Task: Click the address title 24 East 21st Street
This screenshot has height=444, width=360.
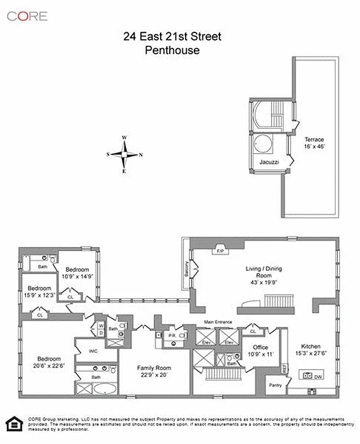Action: pos(172,37)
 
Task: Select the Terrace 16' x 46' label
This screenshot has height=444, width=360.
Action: pos(314,143)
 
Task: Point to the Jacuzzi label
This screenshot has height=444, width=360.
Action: pos(269,162)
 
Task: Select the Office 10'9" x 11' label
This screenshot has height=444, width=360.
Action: pos(261,351)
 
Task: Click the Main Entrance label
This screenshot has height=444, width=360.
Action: pos(218,322)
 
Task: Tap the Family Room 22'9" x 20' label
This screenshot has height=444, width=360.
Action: pos(154,371)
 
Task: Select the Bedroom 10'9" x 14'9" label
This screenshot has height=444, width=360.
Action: pos(77,273)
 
